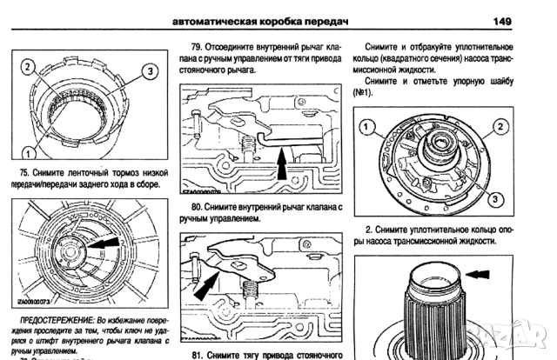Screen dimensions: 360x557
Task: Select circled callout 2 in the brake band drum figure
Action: [x=28, y=67]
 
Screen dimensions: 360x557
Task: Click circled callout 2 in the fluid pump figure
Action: [x=500, y=127]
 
